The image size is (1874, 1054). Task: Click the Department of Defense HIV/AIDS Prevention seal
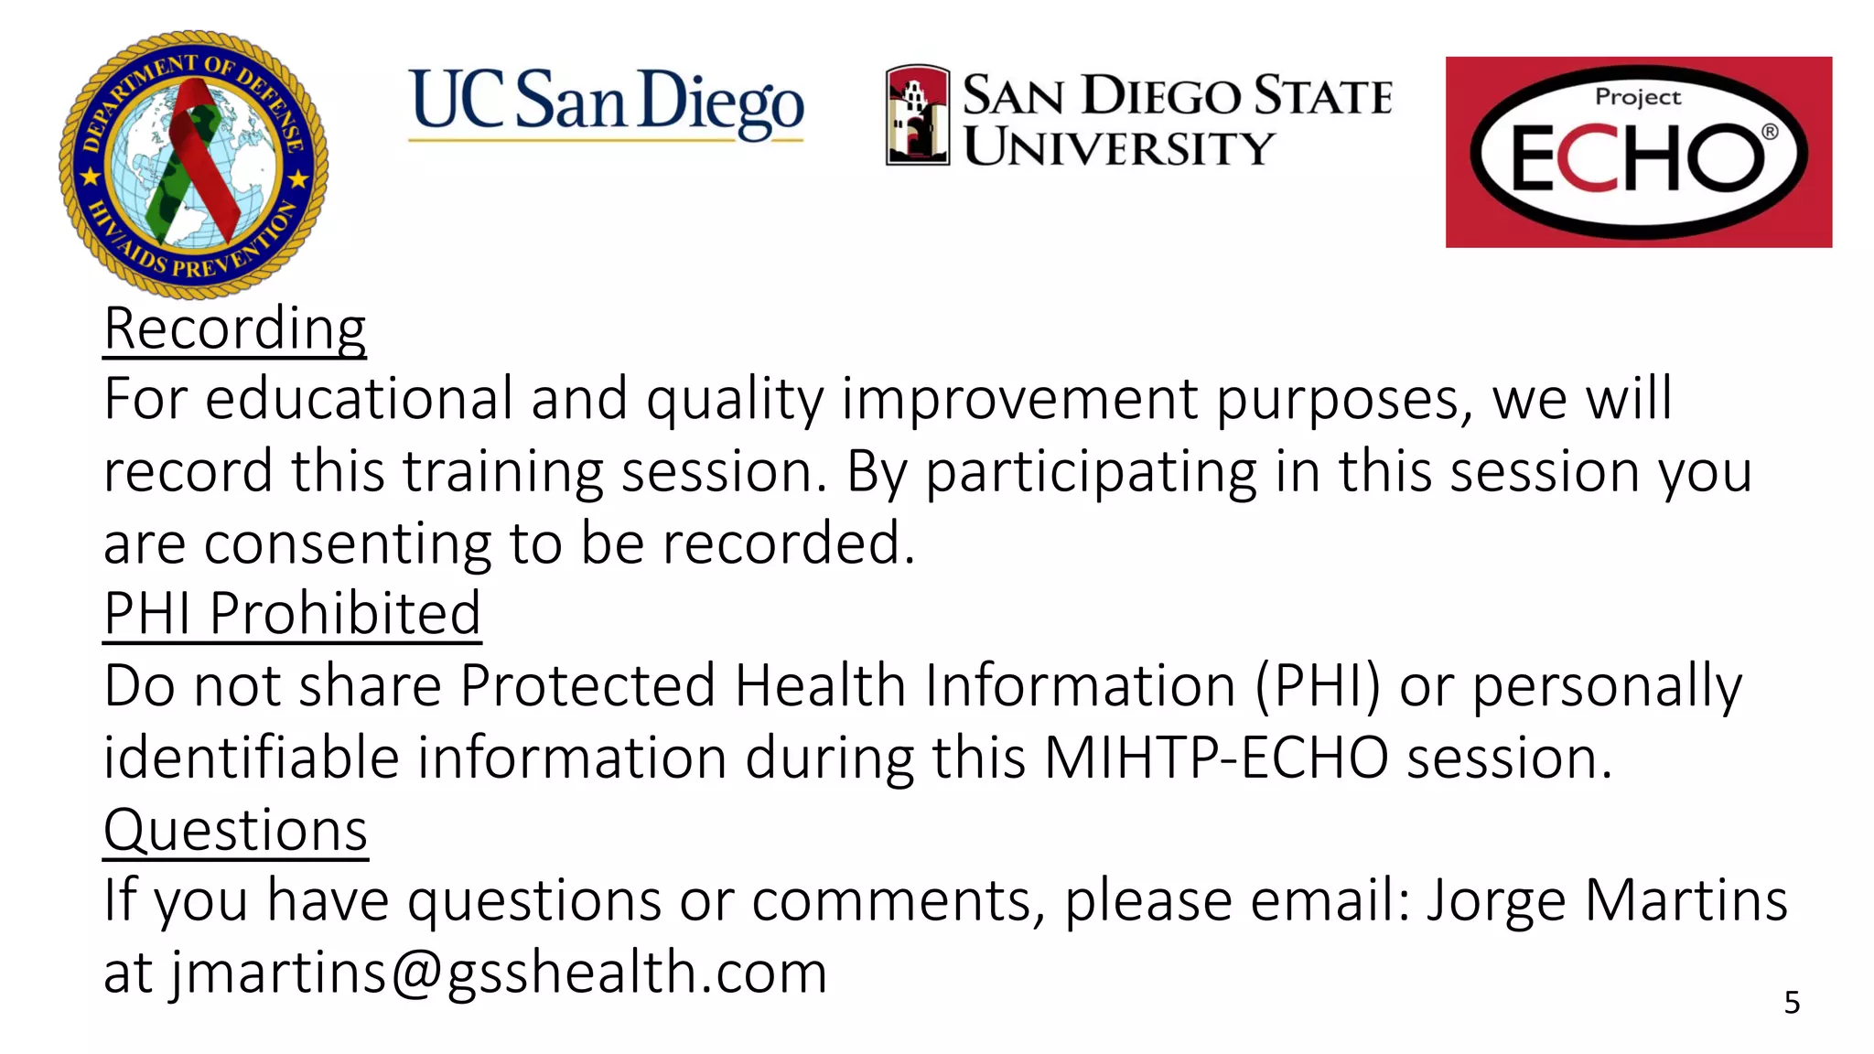pos(193,165)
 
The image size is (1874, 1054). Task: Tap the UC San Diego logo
pos(606,103)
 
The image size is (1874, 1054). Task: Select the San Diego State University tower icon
pos(918,115)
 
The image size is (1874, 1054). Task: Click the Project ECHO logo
pos(1638,152)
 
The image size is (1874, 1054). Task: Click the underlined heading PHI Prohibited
pos(292,613)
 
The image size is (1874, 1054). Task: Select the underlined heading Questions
pos(235,830)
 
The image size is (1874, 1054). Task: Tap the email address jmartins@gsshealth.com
pos(499,972)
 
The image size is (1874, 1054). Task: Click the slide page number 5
pos(1792,1003)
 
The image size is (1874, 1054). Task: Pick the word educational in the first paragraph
pos(358,399)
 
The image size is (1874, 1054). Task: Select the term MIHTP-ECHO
pos(1216,758)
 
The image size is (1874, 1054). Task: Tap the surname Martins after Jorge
pos(1686,900)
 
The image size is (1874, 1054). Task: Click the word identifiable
pos(252,758)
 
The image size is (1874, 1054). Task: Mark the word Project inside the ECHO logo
pos(1637,97)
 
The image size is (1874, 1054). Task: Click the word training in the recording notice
pos(502,471)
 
